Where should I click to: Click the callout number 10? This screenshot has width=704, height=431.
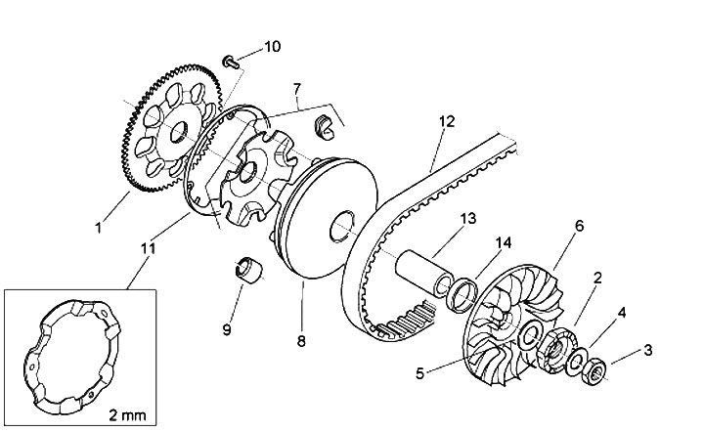[x=272, y=46]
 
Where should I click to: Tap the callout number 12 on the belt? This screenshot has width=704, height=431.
[x=447, y=123]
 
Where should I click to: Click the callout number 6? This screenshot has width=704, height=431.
[x=579, y=226]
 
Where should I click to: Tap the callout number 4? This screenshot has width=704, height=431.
[x=620, y=314]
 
